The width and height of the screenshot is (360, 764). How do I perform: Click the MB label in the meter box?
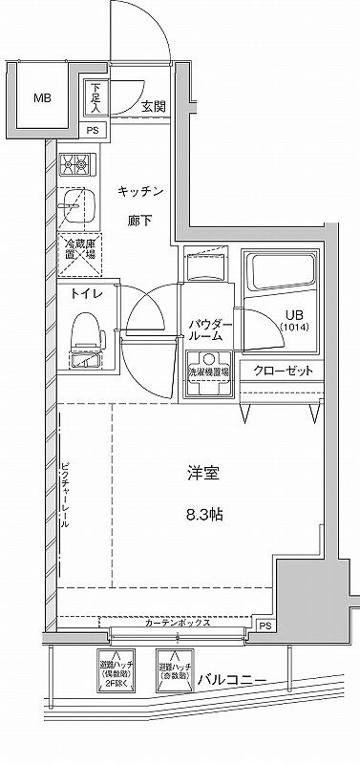click(44, 98)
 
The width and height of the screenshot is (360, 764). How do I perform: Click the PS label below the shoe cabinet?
click(93, 131)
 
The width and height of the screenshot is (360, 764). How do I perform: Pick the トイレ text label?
click(82, 295)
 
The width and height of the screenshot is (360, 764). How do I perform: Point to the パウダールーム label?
click(205, 329)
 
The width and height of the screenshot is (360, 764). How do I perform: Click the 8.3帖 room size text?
click(203, 515)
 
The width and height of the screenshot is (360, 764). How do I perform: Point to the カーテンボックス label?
click(179, 623)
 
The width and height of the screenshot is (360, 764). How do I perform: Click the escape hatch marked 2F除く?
click(116, 674)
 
